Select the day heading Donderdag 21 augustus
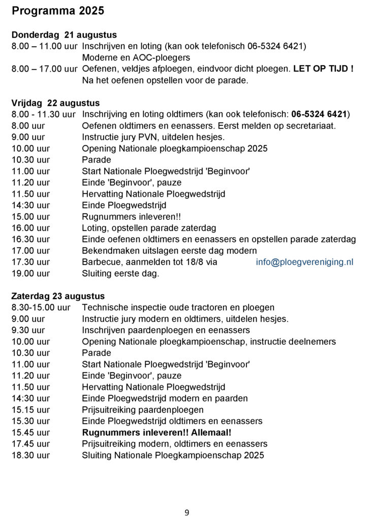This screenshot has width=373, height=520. pos(64,35)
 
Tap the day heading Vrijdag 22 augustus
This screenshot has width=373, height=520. pos(55,103)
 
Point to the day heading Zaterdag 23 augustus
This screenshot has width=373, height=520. pos(58,296)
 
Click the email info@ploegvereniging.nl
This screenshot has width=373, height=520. pos(304,262)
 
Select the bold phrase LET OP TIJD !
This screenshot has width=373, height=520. pos(323,69)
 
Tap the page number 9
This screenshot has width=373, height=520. pos(186,512)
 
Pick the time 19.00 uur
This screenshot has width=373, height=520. pos(30,274)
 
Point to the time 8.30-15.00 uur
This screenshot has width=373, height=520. pos(41,308)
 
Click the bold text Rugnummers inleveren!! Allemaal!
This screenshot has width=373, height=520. pos(157,433)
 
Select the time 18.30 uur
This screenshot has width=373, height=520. pos(30,456)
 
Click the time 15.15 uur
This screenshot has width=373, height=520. pos(30,410)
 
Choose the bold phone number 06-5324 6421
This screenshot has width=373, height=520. pos(319,114)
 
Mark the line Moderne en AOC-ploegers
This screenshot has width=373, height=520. pos(136,57)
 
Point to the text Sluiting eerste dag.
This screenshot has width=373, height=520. pos(120,274)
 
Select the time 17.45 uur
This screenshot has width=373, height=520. pos(30,444)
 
